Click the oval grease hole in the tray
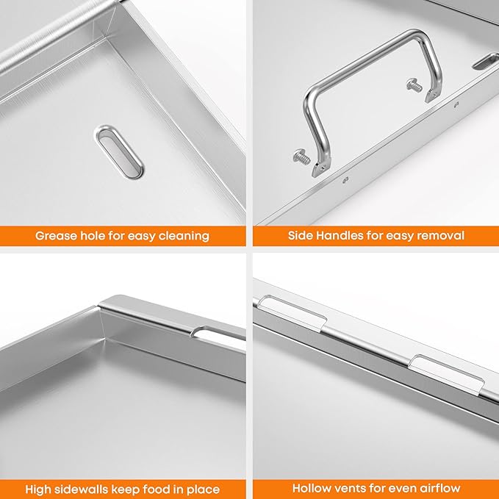[119, 151]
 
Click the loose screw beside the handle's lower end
[302, 157]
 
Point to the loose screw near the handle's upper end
[414, 85]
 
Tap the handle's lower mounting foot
[320, 169]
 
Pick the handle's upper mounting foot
[434, 95]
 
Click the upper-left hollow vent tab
[292, 312]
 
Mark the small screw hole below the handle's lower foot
[346, 180]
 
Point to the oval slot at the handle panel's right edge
[486, 62]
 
